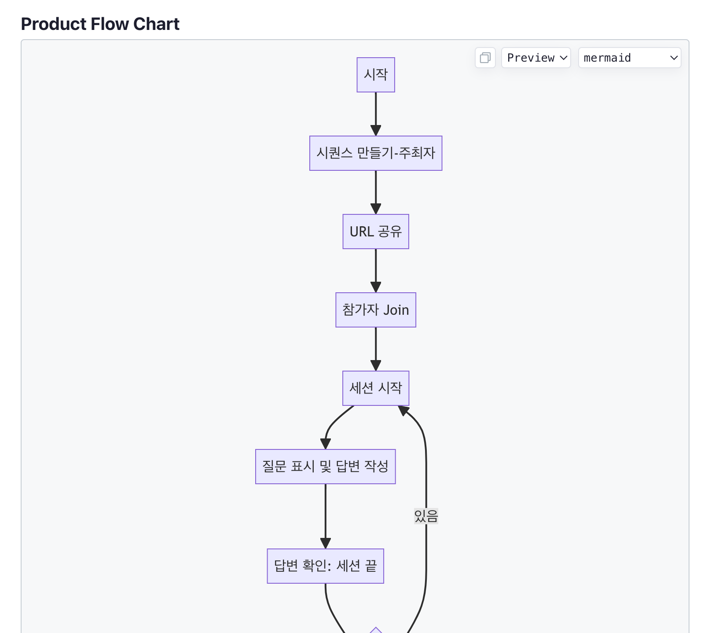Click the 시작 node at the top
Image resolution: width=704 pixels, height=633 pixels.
click(376, 75)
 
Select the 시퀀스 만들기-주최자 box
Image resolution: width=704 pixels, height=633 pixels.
click(376, 153)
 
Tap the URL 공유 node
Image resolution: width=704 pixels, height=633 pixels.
click(376, 232)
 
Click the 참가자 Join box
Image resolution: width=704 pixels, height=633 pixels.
click(376, 310)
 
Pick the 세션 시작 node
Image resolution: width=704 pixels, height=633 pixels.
click(376, 388)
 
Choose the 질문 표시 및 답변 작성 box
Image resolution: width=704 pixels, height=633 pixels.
click(326, 467)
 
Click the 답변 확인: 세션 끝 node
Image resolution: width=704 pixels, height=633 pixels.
click(326, 566)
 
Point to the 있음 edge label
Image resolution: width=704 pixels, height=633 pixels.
click(426, 516)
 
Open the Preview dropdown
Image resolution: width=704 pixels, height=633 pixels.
click(536, 58)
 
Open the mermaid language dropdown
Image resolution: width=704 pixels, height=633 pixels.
click(630, 58)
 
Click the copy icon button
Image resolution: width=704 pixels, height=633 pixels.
click(485, 58)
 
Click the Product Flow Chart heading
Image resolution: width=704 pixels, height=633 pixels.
click(100, 24)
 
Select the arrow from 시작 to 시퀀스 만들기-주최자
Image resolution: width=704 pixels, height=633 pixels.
click(376, 114)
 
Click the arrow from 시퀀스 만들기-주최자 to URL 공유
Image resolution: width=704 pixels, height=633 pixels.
click(376, 192)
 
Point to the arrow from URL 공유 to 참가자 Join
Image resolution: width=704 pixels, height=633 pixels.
click(376, 271)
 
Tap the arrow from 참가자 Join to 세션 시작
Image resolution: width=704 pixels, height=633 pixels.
click(376, 349)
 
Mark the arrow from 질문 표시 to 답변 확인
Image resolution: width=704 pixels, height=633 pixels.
click(326, 516)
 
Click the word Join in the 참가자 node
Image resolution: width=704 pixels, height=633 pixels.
click(396, 310)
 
